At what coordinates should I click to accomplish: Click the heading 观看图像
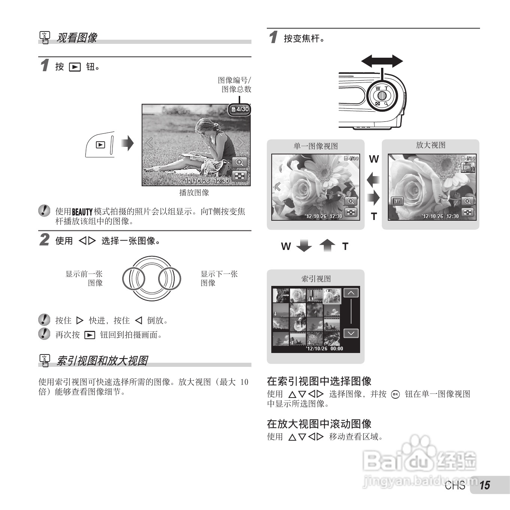pos(76,38)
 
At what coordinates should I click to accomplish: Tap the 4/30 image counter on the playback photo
pos(240,109)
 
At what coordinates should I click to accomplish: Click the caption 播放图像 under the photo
pos(194,193)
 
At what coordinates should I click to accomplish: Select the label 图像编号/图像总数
pos(235,85)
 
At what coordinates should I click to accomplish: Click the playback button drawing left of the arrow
pos(100,145)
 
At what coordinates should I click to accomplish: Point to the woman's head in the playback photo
pos(206,126)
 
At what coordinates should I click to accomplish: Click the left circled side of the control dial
pos(134,279)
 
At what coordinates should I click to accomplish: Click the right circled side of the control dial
pos(169,279)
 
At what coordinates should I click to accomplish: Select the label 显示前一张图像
pos(85,278)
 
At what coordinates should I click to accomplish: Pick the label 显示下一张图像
pos(218,278)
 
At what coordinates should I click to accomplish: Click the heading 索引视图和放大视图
pos(102,361)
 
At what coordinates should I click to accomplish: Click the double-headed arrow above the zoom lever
pos(382,61)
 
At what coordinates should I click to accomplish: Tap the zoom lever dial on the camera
pos(382,95)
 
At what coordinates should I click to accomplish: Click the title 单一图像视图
pos(316,146)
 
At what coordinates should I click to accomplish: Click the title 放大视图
pos(431,145)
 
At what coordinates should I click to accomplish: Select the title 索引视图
pos(316,279)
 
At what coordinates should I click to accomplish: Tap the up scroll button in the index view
pos(351,293)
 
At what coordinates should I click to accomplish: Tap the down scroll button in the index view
pos(351,333)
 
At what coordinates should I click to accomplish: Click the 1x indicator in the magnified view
pos(397,202)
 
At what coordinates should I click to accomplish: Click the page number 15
pos(485,485)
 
